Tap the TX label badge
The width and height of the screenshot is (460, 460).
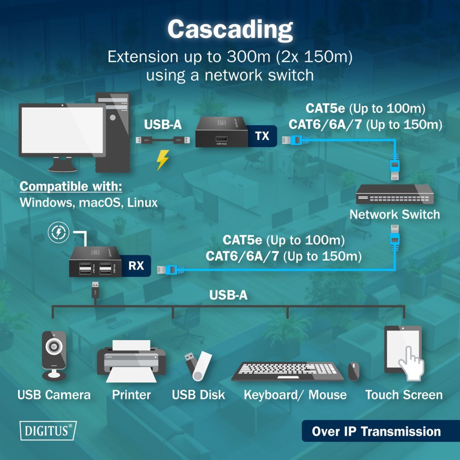(x=262, y=136)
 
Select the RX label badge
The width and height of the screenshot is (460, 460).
(x=136, y=266)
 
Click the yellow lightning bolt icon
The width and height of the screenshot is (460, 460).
(x=163, y=160)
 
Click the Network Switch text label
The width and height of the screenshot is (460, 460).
(x=395, y=214)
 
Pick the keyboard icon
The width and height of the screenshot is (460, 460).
(x=287, y=371)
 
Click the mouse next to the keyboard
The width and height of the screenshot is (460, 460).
(x=354, y=371)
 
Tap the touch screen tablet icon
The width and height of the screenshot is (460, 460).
(x=403, y=351)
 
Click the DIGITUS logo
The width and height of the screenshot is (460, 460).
(x=48, y=430)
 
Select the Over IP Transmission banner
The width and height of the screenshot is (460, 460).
(x=376, y=431)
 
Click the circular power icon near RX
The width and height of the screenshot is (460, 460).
(x=58, y=232)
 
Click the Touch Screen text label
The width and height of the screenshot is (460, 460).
(x=404, y=395)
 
